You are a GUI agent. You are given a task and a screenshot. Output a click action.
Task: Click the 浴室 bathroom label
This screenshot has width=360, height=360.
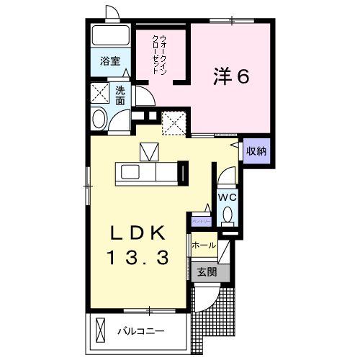coord(109,62)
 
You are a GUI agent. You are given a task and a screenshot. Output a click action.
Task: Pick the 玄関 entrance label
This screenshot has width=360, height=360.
coord(206,272)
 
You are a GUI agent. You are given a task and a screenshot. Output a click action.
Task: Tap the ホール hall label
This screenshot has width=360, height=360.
coord(204,246)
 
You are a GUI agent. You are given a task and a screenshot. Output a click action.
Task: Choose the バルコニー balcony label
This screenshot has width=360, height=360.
coord(141,332)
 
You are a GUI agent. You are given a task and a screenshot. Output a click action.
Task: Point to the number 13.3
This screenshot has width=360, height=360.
coord(140,256)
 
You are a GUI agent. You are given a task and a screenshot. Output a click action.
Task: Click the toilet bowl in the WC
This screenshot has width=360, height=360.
coord(228,215)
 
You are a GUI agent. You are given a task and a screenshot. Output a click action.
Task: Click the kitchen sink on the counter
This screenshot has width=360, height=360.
coord(132,173)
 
